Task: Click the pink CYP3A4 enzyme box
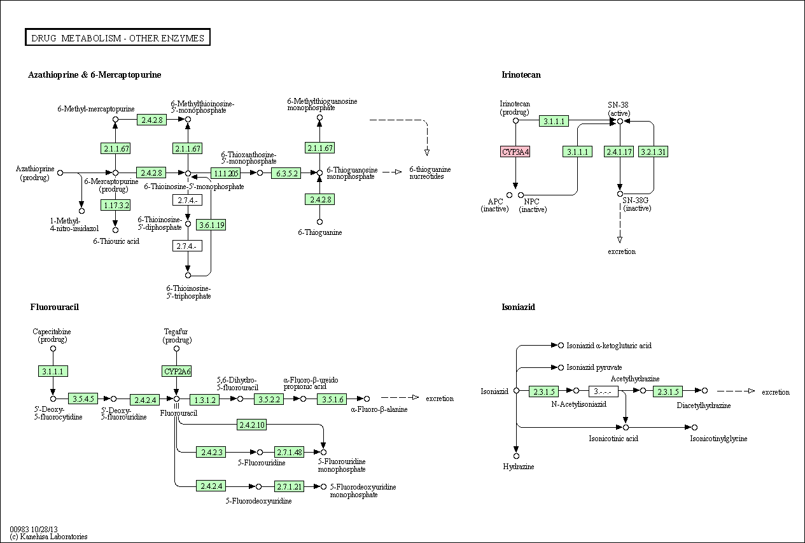pyautogui.click(x=515, y=152)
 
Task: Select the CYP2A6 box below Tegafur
pyautogui.click(x=176, y=371)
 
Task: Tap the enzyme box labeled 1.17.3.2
pyautogui.click(x=115, y=205)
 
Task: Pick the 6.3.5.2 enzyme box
pyautogui.click(x=286, y=173)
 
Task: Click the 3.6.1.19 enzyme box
pyautogui.click(x=211, y=225)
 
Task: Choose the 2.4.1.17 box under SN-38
pyautogui.click(x=619, y=152)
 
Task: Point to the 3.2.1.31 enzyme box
pyautogui.click(x=654, y=152)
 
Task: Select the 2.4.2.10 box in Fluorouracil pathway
pyautogui.click(x=251, y=425)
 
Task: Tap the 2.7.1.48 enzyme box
pyautogui.click(x=289, y=452)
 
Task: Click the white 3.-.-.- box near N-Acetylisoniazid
pyautogui.click(x=603, y=391)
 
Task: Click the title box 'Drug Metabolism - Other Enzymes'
pyautogui.click(x=118, y=38)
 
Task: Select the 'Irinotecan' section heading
pyautogui.click(x=521, y=74)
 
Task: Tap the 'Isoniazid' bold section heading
pyautogui.click(x=518, y=307)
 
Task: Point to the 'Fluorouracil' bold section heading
pyautogui.click(x=54, y=307)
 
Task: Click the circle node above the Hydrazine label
pyautogui.click(x=517, y=456)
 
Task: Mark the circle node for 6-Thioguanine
pyautogui.click(x=319, y=222)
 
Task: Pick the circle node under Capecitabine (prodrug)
pyautogui.click(x=53, y=348)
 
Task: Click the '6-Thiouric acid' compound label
pyautogui.click(x=116, y=241)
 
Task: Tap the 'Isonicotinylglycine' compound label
pyautogui.click(x=718, y=439)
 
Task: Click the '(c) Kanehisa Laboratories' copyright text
pyautogui.click(x=48, y=537)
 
